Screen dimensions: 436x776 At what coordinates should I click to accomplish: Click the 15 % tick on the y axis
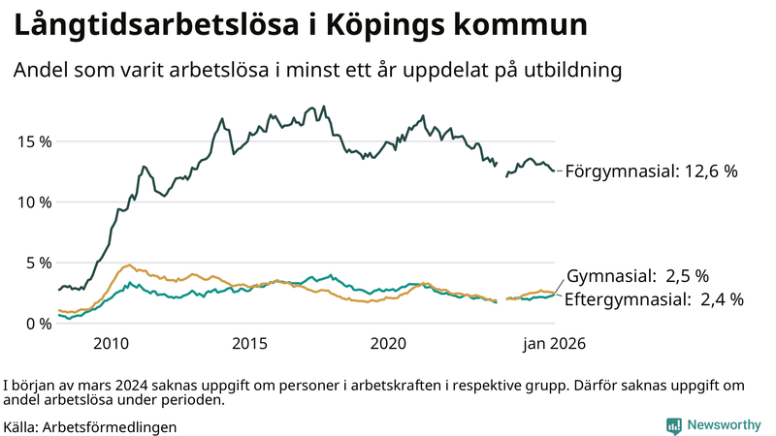pyautogui.click(x=32, y=141)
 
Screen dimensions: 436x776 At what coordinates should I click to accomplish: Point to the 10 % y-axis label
pyautogui.click(x=32, y=202)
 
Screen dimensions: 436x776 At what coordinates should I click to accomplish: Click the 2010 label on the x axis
pyautogui.click(x=111, y=344)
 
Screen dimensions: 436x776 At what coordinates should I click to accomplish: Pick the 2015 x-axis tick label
pyautogui.click(x=249, y=344)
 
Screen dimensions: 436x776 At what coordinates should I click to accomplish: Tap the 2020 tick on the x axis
pyautogui.click(x=388, y=344)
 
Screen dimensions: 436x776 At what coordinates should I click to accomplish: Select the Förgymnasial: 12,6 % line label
pyautogui.click(x=651, y=171)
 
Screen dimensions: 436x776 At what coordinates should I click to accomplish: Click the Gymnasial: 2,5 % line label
pyautogui.click(x=637, y=275)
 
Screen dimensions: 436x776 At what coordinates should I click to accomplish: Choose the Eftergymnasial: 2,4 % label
pyautogui.click(x=654, y=299)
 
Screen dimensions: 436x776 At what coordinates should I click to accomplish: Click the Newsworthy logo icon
pyautogui.click(x=673, y=425)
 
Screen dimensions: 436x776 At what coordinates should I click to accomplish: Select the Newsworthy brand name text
pyautogui.click(x=724, y=425)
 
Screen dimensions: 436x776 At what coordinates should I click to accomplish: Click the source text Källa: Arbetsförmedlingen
pyautogui.click(x=90, y=426)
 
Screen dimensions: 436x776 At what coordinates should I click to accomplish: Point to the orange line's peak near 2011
pyautogui.click(x=129, y=265)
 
